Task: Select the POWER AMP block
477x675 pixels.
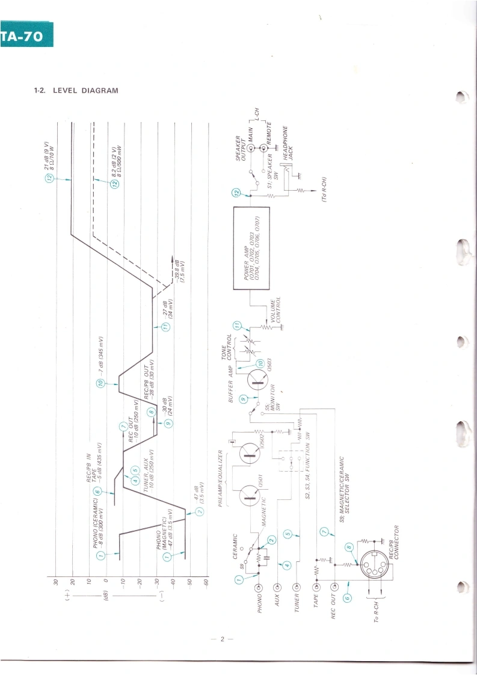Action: (250, 248)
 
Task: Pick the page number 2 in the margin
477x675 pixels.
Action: (222, 639)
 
